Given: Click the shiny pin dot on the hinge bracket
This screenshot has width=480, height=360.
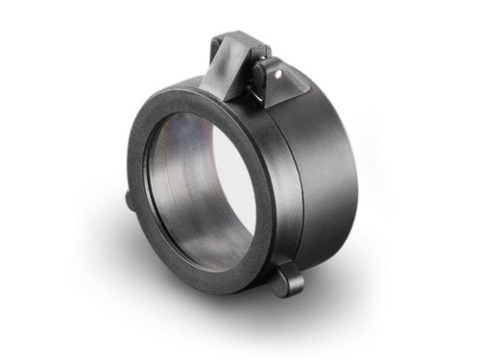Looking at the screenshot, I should (276, 71).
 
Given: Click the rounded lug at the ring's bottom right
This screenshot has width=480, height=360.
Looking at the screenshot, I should (286, 280).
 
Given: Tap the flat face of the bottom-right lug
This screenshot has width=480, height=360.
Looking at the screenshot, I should (288, 283).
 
